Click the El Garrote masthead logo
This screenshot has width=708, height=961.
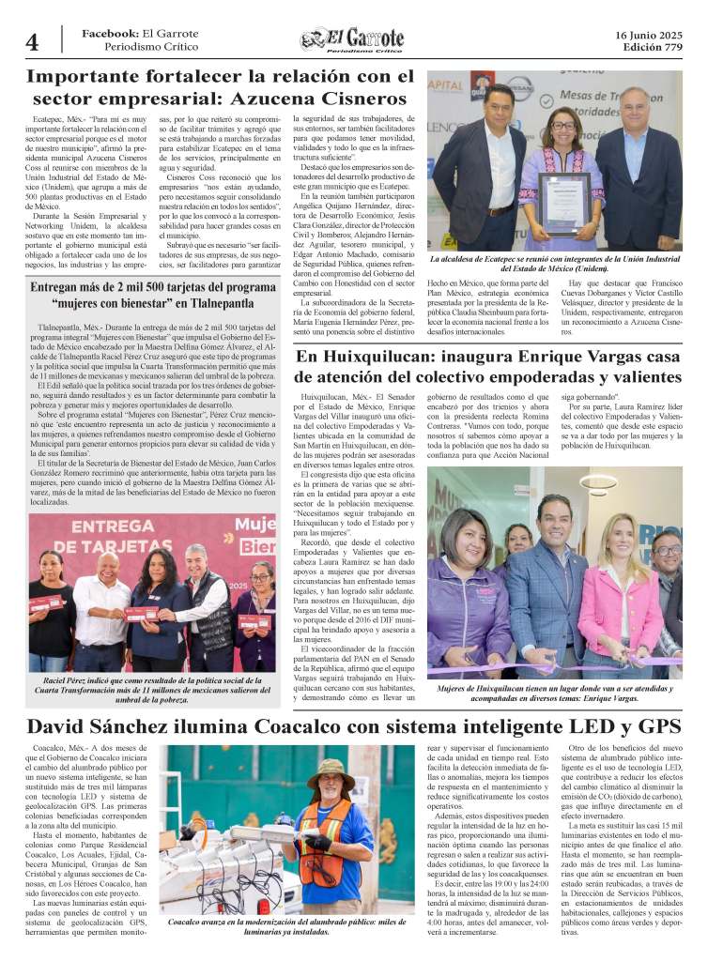(x=352, y=39)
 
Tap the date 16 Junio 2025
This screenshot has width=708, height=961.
(x=649, y=35)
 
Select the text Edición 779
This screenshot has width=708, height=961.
(x=650, y=47)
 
